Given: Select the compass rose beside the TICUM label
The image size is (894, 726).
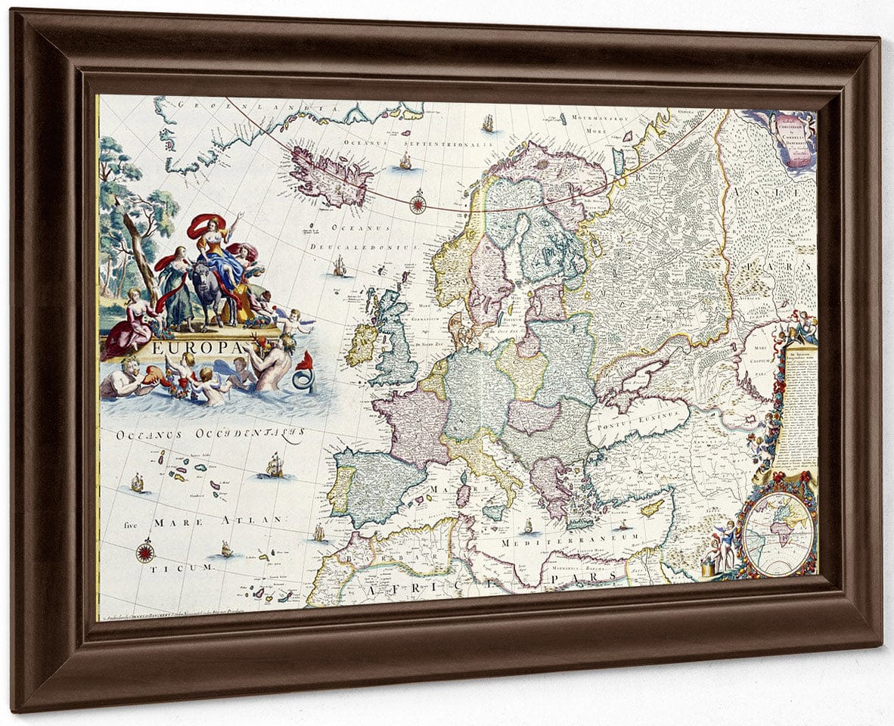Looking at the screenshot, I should coord(145,551).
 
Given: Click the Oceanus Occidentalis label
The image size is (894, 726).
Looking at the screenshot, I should coord(210,435).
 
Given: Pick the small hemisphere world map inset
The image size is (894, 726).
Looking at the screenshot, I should coord(778,533).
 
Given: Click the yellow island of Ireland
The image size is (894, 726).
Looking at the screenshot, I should coord(362,345).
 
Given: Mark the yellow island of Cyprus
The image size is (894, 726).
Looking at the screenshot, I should coord(652,507).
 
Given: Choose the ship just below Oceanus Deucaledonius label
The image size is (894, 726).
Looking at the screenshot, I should coord(340,265).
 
